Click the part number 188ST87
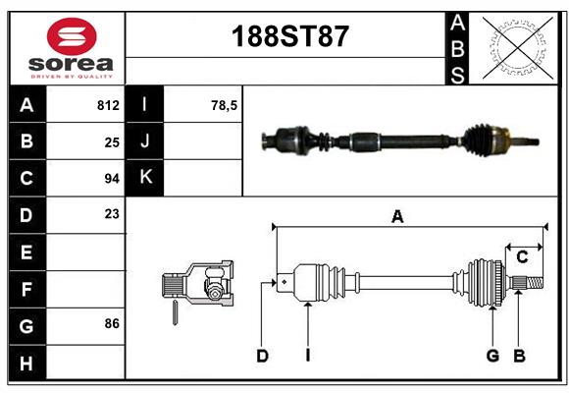pos(289,36)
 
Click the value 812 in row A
pos(108,104)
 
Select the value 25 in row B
pos(112,141)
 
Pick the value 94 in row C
pos(112,178)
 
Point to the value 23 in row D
pos(112,213)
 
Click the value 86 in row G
pos(112,323)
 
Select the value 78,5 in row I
pos(225,104)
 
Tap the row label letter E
pos(26,253)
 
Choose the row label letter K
pos(145,177)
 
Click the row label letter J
pos(145,140)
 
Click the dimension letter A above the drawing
pos(397,217)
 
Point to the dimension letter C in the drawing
pos(522,256)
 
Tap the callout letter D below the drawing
pos(262,356)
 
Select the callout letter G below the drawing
pos(492,356)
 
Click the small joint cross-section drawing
pos(199,286)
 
